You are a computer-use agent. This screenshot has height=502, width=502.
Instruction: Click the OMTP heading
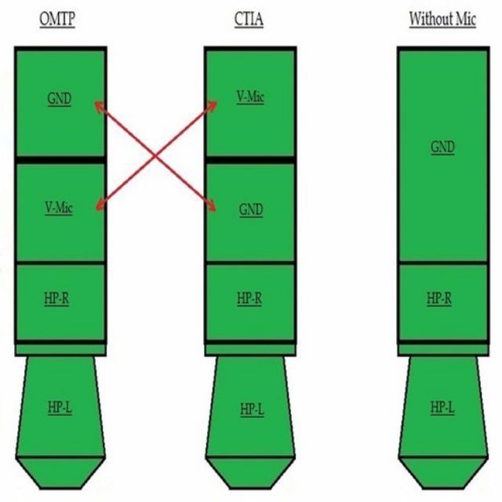click(57, 19)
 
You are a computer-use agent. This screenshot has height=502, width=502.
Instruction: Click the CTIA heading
click(249, 19)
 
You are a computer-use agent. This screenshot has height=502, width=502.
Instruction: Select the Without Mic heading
click(442, 19)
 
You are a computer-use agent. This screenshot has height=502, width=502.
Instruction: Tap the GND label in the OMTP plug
click(60, 100)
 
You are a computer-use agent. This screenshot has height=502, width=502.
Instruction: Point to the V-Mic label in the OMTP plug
click(59, 209)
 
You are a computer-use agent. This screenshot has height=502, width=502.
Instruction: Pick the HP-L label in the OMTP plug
click(60, 408)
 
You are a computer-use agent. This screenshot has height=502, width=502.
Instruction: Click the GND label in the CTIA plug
click(251, 210)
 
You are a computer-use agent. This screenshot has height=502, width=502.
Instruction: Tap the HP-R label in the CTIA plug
click(250, 299)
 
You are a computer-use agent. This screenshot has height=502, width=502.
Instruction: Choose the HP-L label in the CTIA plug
click(251, 409)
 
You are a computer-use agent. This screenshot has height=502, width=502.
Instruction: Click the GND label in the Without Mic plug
click(442, 147)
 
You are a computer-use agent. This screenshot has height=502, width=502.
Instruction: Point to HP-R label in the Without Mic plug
click(441, 299)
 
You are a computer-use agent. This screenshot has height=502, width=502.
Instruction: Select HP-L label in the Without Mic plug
click(442, 408)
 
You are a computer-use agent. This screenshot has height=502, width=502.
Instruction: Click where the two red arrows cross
click(156, 155)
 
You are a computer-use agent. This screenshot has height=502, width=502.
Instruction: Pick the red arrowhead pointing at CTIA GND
click(213, 207)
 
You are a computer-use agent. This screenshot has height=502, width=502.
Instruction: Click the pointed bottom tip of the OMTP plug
click(60, 480)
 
